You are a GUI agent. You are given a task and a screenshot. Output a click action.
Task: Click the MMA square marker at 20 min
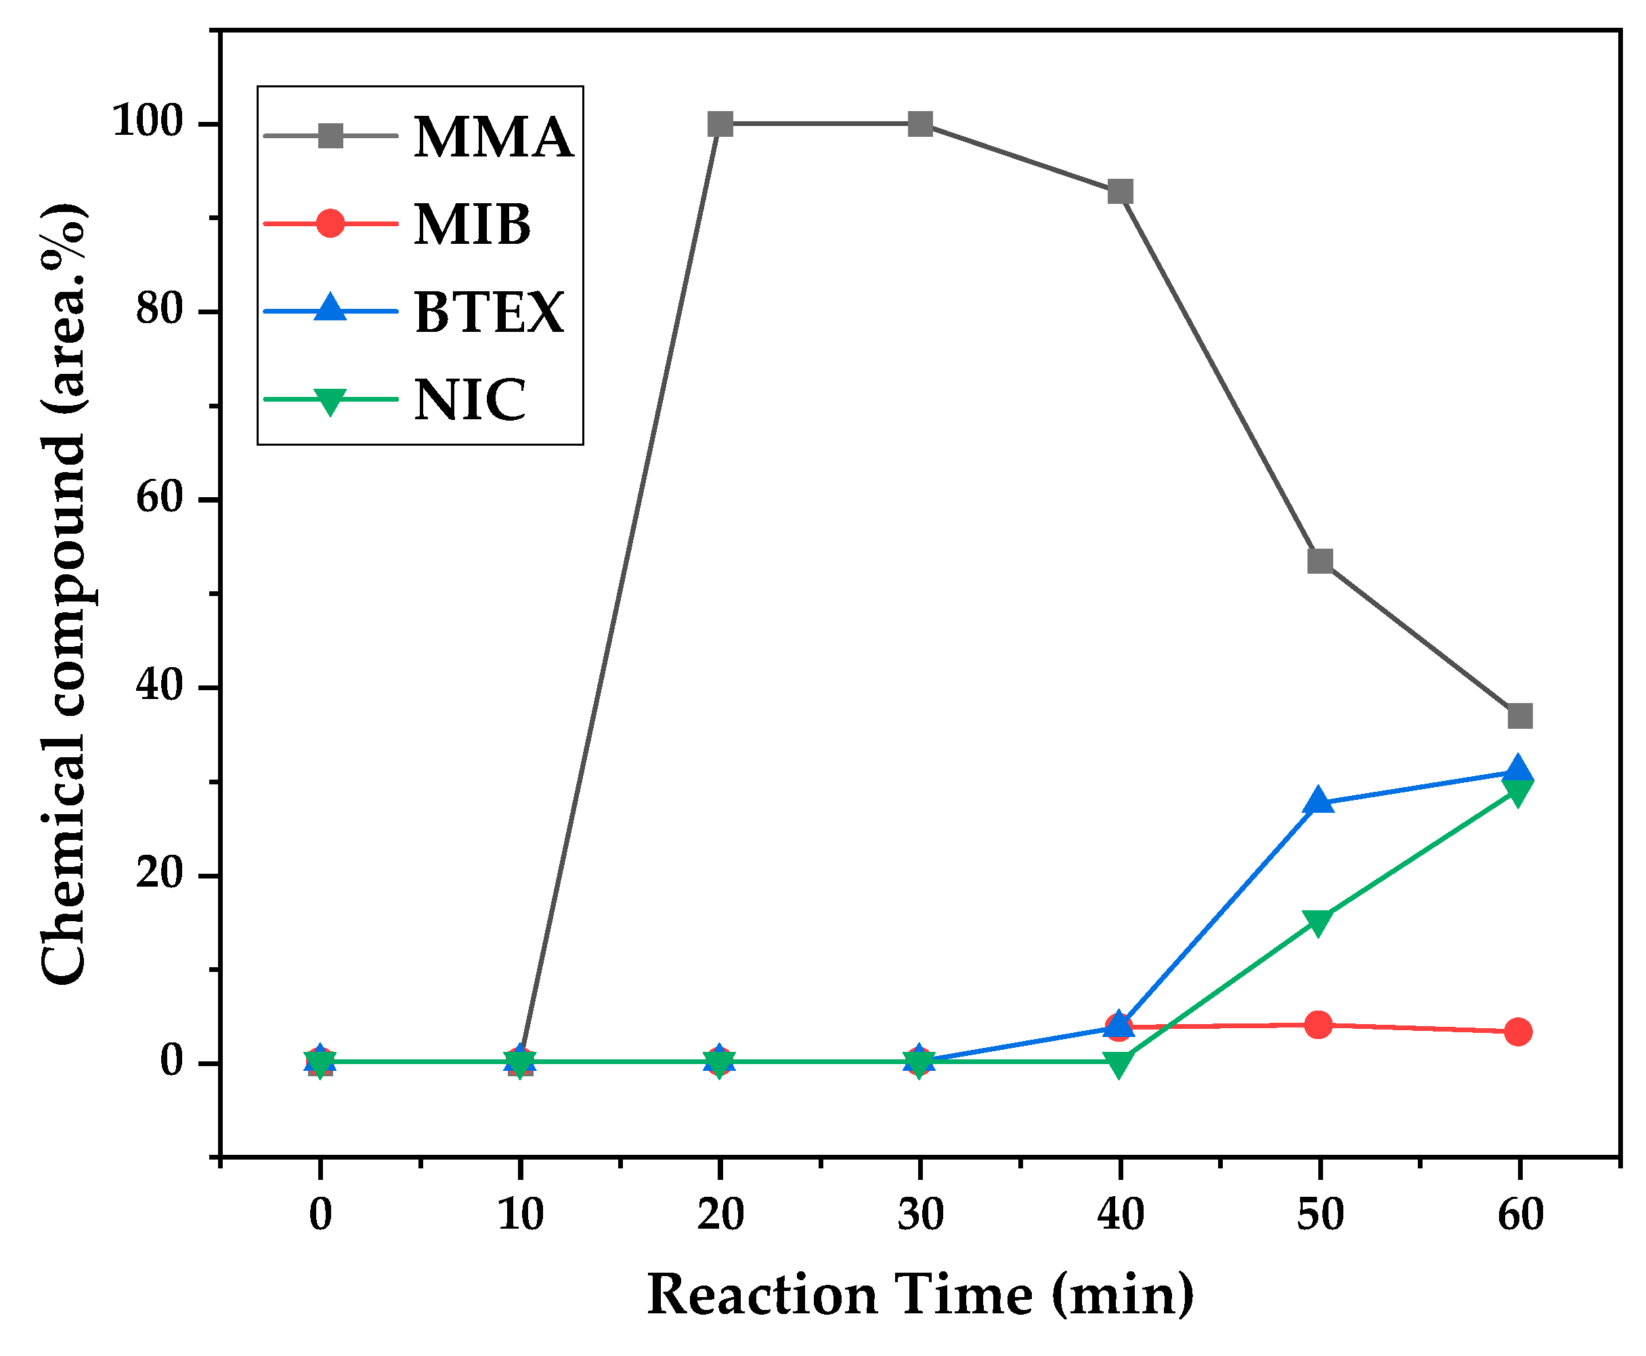click(x=720, y=123)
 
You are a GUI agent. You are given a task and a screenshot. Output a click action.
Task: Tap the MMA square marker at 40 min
click(x=1120, y=192)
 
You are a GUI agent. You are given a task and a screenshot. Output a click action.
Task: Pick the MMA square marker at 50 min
click(x=1320, y=560)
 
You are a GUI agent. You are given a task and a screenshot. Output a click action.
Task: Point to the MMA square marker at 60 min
click(x=1519, y=715)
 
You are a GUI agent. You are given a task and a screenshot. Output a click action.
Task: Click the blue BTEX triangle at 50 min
click(x=1320, y=801)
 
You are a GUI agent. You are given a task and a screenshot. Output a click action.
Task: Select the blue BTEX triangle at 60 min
click(x=1518, y=770)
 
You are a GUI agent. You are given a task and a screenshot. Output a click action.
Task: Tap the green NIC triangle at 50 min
click(x=1318, y=923)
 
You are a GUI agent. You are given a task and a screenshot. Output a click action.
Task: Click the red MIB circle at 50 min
click(x=1319, y=1024)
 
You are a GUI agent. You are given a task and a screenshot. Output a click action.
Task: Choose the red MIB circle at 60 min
click(x=1518, y=1032)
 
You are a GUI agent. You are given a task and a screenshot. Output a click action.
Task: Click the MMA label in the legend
click(x=493, y=138)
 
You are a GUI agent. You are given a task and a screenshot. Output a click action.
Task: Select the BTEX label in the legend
click(x=489, y=312)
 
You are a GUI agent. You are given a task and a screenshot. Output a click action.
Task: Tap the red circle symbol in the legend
click(x=330, y=224)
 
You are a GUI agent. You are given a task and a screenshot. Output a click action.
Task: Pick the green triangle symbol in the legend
click(x=330, y=401)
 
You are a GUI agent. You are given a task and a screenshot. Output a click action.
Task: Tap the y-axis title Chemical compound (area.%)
click(x=64, y=593)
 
